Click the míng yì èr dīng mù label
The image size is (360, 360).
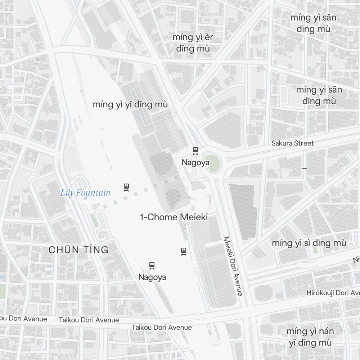click(x=193, y=43)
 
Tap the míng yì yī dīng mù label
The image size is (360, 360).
click(x=130, y=104)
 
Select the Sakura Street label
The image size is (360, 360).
click(x=292, y=143)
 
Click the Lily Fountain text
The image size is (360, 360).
click(x=85, y=193)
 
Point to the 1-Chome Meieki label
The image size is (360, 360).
click(x=174, y=217)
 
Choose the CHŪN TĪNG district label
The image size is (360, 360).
click(x=78, y=250)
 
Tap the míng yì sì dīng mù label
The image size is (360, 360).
click(x=309, y=243)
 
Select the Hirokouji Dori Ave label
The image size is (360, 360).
click(x=333, y=293)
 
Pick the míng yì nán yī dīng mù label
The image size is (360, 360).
click(x=310, y=337)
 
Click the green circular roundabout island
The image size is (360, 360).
click(x=214, y=163)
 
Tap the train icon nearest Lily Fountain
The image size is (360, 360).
click(x=126, y=187)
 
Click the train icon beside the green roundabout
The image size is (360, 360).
click(x=195, y=151)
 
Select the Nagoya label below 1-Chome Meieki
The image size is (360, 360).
click(x=152, y=277)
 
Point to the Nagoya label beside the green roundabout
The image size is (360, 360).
click(x=195, y=162)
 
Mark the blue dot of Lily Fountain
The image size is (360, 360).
click(x=86, y=198)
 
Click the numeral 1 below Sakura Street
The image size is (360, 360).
click(x=305, y=168)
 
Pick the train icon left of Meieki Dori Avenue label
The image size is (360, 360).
click(x=184, y=251)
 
